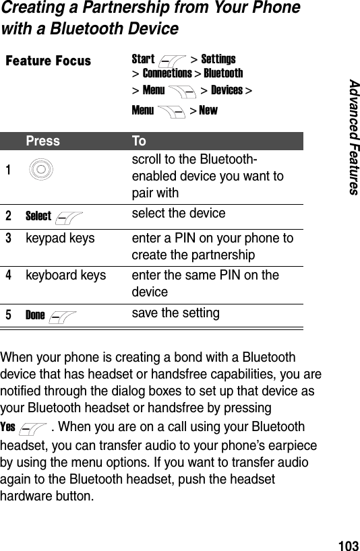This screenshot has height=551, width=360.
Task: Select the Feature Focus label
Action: (x=48, y=61)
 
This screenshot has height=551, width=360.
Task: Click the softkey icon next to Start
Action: (x=173, y=61)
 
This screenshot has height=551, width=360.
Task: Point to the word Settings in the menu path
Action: (x=218, y=59)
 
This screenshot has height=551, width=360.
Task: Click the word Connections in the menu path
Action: (x=167, y=73)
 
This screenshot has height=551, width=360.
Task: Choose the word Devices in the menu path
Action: (x=227, y=90)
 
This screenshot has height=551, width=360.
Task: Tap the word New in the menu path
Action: (x=208, y=110)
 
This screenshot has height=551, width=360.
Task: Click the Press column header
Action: (x=42, y=141)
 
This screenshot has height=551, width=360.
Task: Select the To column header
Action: (x=139, y=141)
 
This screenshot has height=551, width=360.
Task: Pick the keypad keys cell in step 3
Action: (x=60, y=238)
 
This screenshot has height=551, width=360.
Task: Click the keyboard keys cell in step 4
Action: (x=65, y=275)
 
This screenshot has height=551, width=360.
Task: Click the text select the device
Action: (x=178, y=214)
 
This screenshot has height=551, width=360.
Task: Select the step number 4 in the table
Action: (x=9, y=275)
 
